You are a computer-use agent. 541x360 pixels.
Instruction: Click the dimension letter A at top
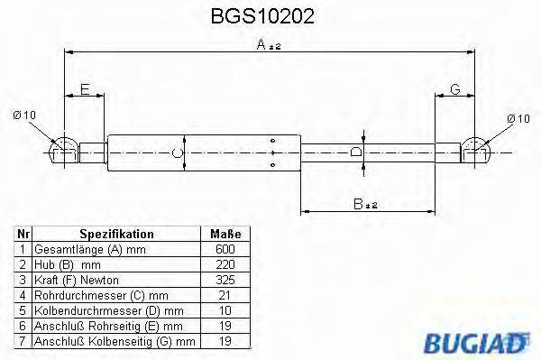[x=261, y=46]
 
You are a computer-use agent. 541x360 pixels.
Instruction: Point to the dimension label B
[x=359, y=203]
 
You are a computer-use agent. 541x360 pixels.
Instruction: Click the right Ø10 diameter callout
[x=518, y=118]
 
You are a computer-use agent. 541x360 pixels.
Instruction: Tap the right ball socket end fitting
[x=477, y=150]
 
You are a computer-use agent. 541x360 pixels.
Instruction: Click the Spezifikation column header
[x=116, y=233]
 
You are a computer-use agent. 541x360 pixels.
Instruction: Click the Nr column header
[x=24, y=233]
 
